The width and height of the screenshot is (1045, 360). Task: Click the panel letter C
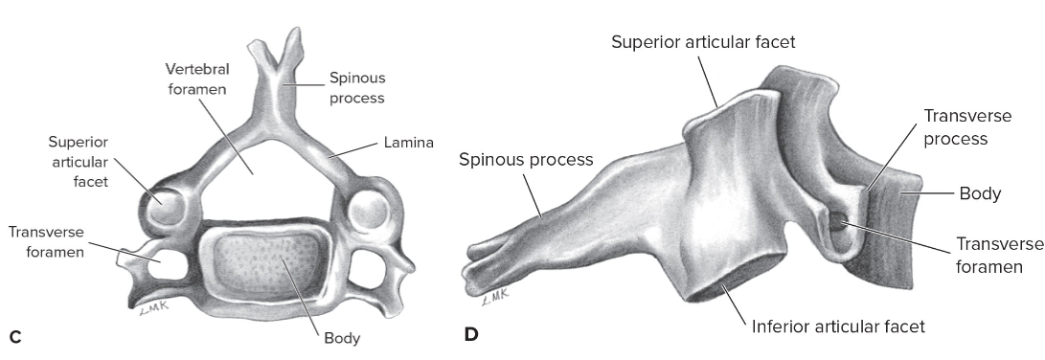[x=13, y=336]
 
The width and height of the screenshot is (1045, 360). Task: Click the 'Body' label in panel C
[x=341, y=338]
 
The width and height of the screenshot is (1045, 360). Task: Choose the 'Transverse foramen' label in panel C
[x=48, y=242]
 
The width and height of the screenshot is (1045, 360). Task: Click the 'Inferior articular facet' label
[x=838, y=326]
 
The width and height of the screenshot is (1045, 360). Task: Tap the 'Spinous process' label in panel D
[x=526, y=159]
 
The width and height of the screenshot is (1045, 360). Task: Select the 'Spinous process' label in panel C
[x=357, y=87]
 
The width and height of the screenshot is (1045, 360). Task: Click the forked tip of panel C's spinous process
[x=272, y=51]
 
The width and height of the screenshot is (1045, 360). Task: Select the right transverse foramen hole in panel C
[x=369, y=260]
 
